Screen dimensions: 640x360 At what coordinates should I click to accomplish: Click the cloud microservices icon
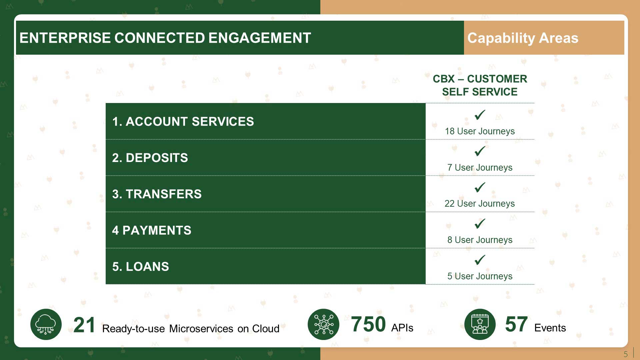(46, 324)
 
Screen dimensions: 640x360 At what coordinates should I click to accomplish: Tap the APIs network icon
(323, 324)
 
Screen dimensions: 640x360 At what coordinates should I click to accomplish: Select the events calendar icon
(480, 324)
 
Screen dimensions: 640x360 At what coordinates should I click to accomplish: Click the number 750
(368, 324)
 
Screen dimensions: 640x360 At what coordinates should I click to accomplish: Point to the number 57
(516, 324)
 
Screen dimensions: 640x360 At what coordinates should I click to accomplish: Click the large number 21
(84, 325)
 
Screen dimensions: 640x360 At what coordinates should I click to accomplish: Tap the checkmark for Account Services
(480, 115)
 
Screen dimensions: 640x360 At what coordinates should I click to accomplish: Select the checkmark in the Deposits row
(480, 151)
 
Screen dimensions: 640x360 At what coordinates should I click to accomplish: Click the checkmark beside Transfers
(480, 187)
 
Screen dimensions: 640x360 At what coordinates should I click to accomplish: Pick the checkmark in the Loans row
(480, 260)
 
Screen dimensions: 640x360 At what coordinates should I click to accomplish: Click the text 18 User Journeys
(480, 131)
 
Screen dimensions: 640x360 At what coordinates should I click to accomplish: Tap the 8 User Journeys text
(480, 240)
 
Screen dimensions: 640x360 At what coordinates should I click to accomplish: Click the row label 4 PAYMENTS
(152, 230)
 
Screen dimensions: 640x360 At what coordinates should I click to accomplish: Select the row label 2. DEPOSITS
(150, 158)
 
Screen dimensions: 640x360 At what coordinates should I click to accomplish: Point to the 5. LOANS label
(141, 267)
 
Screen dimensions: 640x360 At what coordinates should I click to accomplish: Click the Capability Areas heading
(523, 38)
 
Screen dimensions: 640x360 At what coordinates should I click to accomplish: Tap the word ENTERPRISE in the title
(65, 38)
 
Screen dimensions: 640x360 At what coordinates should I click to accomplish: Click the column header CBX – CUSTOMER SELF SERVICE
(480, 85)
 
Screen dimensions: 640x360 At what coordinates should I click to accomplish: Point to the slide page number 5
(626, 354)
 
